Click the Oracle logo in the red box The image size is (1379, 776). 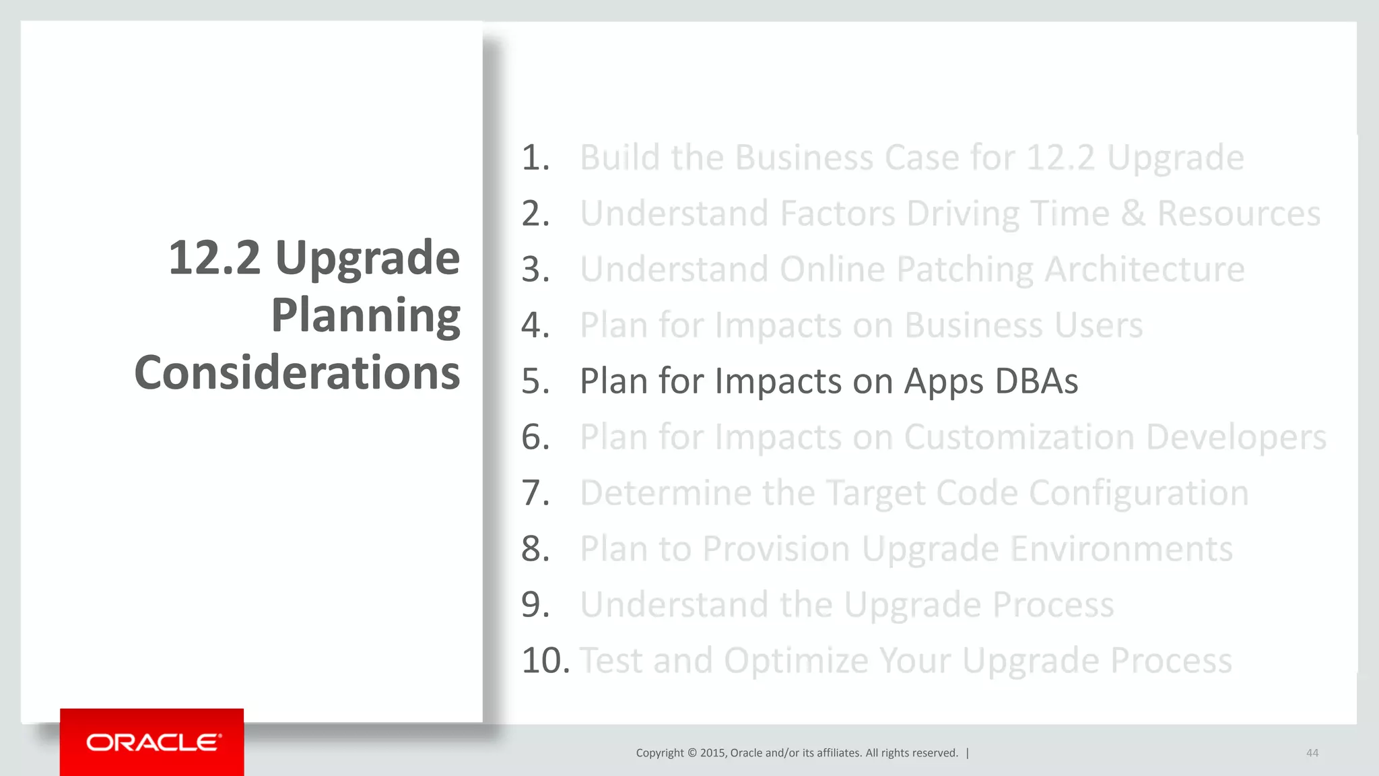153,742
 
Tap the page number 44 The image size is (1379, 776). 1312,753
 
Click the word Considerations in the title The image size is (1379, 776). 297,373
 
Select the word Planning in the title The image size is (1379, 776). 366,316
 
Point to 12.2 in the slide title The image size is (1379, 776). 214,258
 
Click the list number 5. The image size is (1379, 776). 535,381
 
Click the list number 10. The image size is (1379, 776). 545,661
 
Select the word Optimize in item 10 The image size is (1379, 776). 796,661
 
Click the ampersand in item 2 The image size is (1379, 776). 1133,214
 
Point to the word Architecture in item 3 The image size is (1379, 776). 1144,270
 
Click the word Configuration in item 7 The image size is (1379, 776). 1139,494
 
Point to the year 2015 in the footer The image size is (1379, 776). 712,753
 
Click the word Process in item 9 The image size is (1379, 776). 1053,605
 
